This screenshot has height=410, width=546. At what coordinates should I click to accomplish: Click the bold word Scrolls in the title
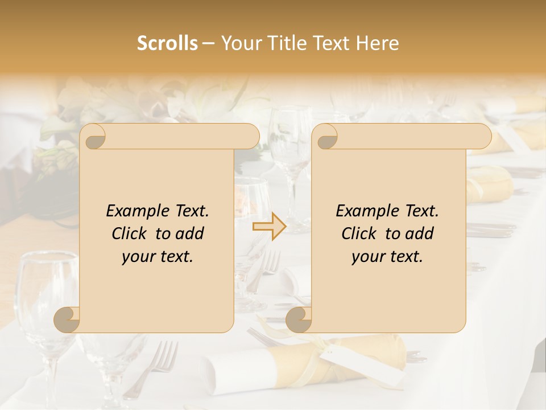[x=167, y=43]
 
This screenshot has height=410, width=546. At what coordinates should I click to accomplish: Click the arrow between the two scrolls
[x=270, y=227]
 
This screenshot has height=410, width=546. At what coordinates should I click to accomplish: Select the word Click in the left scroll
[x=131, y=233]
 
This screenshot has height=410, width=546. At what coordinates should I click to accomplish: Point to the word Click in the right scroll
[x=361, y=233]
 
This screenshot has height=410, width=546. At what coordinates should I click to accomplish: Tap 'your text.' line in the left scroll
[x=158, y=257]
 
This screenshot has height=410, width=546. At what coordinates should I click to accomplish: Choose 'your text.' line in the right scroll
[x=387, y=257]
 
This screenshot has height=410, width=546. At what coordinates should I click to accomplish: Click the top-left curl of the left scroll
[x=93, y=137]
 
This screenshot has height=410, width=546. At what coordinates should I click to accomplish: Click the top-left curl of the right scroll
[x=325, y=137]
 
